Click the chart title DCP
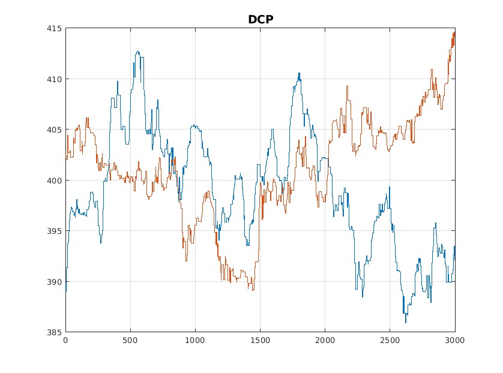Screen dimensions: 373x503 pyautogui.click(x=261, y=19)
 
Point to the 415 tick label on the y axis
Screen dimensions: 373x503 pyautogui.click(x=56, y=28)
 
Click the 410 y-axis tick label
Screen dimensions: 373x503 pyautogui.click(x=56, y=79)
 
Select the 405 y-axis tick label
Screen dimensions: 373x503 pyautogui.click(x=56, y=130)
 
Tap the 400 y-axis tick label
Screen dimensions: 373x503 pyautogui.click(x=56, y=180)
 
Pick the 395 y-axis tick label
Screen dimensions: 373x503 pyautogui.click(x=56, y=231)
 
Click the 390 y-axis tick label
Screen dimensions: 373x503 pyautogui.click(x=56, y=281)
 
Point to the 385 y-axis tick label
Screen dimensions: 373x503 pyautogui.click(x=56, y=332)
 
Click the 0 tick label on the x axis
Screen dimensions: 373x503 pyautogui.click(x=65, y=340)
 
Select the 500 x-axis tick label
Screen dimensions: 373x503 pyautogui.click(x=130, y=340)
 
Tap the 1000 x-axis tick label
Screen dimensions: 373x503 pyautogui.click(x=195, y=340)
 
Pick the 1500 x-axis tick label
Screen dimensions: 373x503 pyautogui.click(x=260, y=340)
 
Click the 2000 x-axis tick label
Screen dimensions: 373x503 pyautogui.click(x=325, y=340)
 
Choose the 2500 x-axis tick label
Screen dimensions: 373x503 pyautogui.click(x=390, y=340)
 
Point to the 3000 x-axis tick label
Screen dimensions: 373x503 pyautogui.click(x=454, y=340)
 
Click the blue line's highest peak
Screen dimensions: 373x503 pyautogui.click(x=137, y=52)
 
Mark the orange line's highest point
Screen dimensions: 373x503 pyautogui.click(x=454, y=32)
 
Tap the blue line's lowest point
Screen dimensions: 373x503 pyautogui.click(x=406, y=323)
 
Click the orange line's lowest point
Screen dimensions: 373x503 pyautogui.click(x=253, y=290)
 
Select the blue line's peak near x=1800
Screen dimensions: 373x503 pyautogui.click(x=299, y=73)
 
